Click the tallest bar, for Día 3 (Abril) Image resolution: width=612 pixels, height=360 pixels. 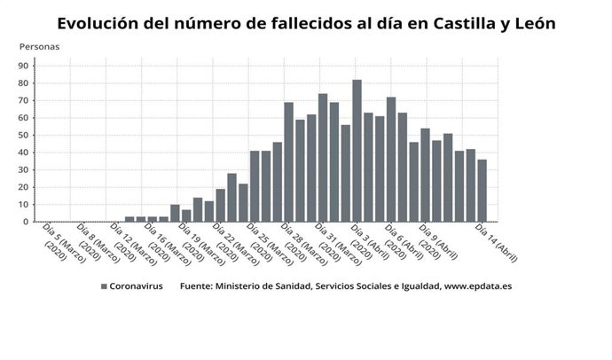[x=357, y=151]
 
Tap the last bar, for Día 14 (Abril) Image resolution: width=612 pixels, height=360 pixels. [x=482, y=191]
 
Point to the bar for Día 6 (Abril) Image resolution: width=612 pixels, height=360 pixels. [x=391, y=160]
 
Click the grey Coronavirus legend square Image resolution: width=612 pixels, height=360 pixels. [x=104, y=286]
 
